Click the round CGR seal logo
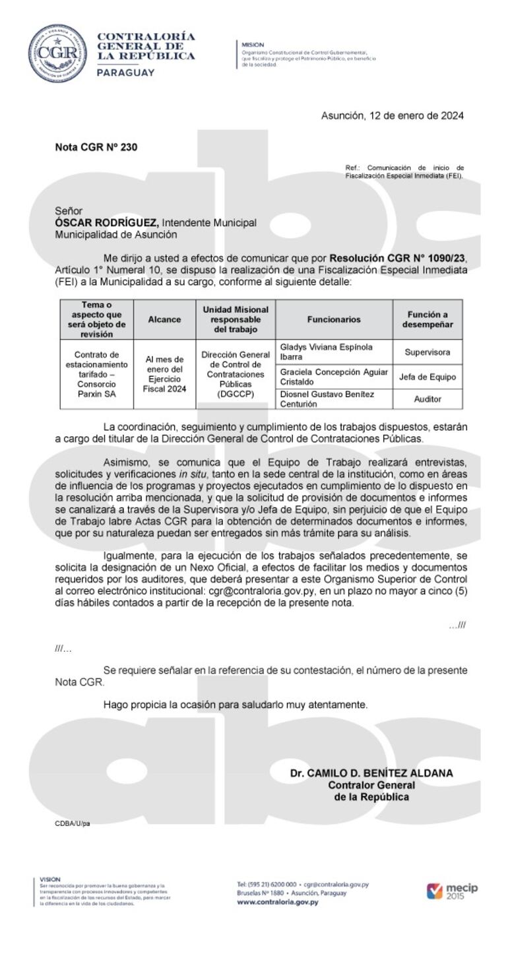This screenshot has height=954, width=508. coord(57,53)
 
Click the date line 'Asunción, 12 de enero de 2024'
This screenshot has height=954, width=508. coord(392,116)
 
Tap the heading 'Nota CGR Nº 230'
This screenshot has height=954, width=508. coord(96,147)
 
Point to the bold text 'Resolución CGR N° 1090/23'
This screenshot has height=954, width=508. coord(402,258)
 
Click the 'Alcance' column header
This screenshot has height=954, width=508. coord(164,319)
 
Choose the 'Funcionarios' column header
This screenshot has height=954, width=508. coord(334,319)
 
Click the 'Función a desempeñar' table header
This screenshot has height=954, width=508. coord(428,319)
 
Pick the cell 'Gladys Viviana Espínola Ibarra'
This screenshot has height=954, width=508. coord(334,352)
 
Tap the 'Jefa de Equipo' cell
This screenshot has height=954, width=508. coord(428,377)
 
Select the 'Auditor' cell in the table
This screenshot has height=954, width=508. coord(428,399)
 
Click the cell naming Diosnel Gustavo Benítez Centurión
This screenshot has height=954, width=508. coord(334,399)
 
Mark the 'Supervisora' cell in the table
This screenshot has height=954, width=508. coord(428,352)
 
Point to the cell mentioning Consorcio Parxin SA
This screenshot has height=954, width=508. coord(96,373)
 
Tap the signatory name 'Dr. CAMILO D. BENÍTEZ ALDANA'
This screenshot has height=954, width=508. coord(371,773)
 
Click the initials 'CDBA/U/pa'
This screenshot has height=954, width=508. coord(73,823)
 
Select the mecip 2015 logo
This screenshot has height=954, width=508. coord(452,891)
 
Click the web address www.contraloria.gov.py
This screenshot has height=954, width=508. coord(277,902)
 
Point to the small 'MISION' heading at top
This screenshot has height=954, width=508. coord(253,45)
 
